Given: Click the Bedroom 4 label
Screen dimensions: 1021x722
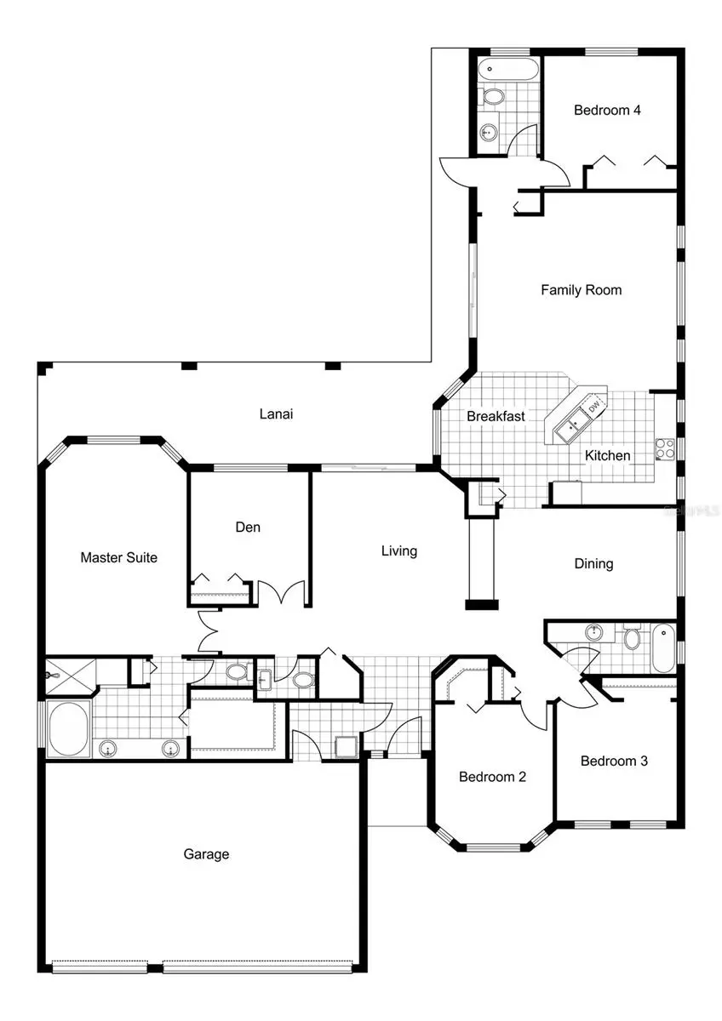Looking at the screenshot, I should (x=606, y=110).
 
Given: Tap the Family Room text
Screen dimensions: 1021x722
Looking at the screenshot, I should (x=581, y=290).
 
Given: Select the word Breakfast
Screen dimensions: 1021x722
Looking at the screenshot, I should (x=496, y=417).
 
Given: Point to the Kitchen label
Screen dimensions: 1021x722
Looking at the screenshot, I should (x=607, y=456).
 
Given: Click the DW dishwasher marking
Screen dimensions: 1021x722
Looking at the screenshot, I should (x=593, y=407).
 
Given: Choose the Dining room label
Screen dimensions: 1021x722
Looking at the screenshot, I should (x=593, y=563).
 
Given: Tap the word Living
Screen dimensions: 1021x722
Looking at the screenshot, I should (x=398, y=550).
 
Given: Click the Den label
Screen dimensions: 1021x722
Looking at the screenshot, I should (x=248, y=528).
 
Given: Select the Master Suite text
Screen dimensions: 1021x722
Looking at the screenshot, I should (x=118, y=558).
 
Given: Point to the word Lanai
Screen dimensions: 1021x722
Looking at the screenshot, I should (x=276, y=414).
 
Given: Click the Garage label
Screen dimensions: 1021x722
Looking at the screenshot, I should (x=206, y=854).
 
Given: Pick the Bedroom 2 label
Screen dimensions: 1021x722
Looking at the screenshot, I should (x=492, y=777).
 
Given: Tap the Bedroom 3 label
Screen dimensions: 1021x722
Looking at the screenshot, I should (x=614, y=761).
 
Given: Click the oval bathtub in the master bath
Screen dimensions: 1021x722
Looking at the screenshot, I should (x=67, y=728).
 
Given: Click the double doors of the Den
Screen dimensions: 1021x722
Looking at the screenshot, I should (x=280, y=592).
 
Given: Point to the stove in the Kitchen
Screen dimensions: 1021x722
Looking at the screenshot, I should (x=664, y=448).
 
